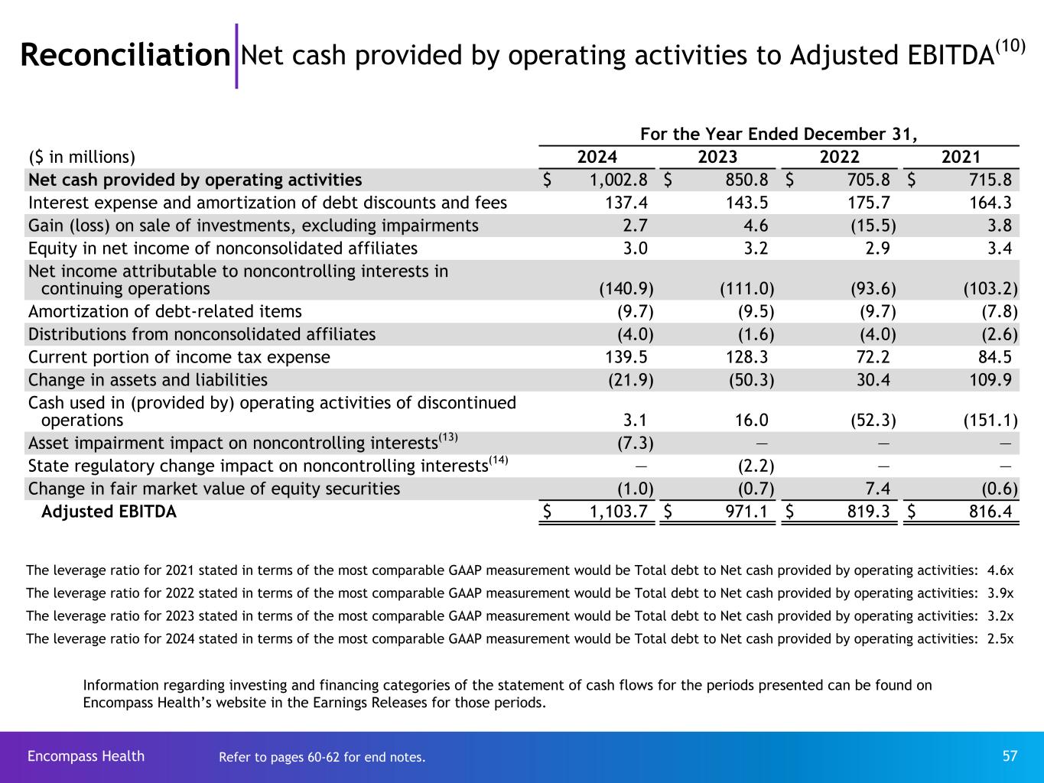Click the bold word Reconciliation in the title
point(125,55)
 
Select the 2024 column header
point(597,158)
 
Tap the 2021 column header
point(961,158)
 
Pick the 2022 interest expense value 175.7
point(870,203)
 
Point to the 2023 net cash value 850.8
point(746,180)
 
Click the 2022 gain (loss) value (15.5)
point(873,226)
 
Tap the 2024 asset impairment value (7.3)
point(635,443)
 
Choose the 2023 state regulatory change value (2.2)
point(755,466)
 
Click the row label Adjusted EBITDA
point(109,512)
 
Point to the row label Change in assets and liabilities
point(148,380)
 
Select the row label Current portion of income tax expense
point(179,357)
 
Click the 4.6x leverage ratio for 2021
point(1000,570)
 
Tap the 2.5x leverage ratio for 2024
point(1000,639)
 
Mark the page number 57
point(1010,756)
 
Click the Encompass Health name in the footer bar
point(86,756)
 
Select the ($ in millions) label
point(81,158)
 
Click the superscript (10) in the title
point(1010,46)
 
